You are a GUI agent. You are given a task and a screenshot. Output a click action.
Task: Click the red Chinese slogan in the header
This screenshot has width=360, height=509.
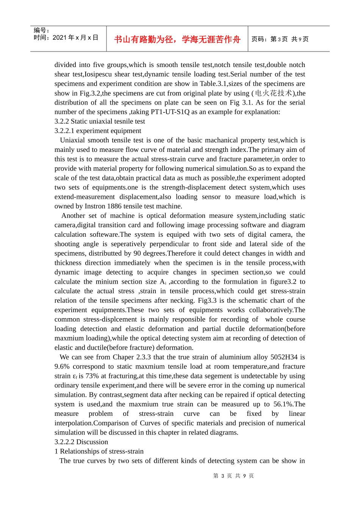pyautogui.click(x=177, y=39)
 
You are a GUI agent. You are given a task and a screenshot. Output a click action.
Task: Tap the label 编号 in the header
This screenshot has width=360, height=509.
pyautogui.click(x=40, y=30)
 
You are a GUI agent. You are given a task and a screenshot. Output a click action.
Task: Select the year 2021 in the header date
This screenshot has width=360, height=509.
pyautogui.click(x=59, y=37)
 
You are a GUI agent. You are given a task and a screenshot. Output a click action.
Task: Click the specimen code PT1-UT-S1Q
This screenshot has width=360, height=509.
pyautogui.click(x=170, y=112)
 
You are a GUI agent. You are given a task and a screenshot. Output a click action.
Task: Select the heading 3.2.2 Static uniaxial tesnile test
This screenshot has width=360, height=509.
pyautogui.click(x=100, y=121)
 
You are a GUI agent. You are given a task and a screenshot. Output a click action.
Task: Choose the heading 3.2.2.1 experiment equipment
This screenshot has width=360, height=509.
pyautogui.click(x=98, y=131)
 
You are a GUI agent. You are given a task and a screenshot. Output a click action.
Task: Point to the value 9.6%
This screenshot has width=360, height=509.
pyautogui.click(x=62, y=367)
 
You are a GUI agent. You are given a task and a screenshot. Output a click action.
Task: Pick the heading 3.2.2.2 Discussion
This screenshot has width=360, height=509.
pyautogui.click(x=81, y=442)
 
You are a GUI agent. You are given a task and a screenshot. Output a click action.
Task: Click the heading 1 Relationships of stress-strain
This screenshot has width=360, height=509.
pyautogui.click(x=99, y=451)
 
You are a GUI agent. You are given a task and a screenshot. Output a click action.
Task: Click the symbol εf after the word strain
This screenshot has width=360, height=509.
pyautogui.click(x=75, y=376)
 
